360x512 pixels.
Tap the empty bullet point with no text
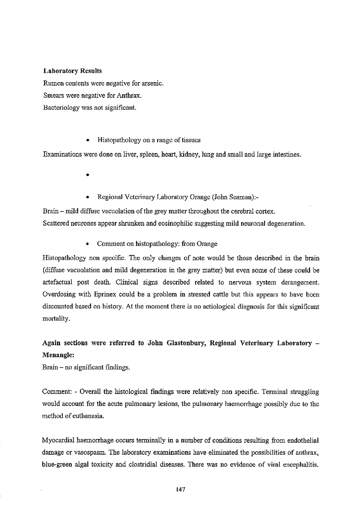click(x=87, y=175)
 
